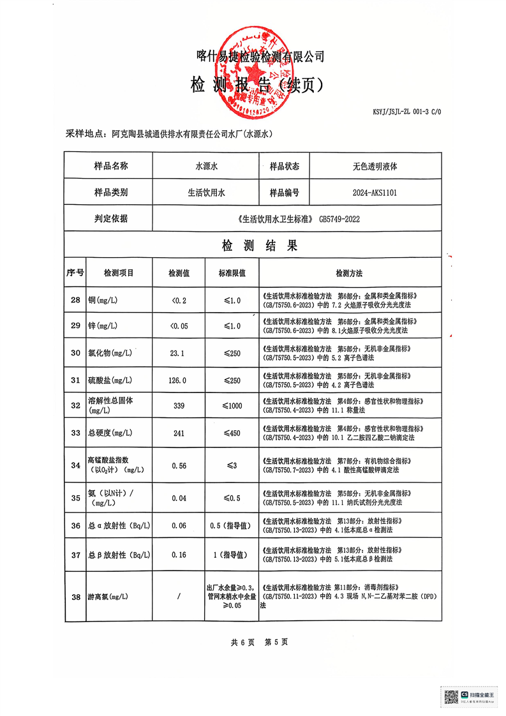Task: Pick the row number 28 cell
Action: point(75,300)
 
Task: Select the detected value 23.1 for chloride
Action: point(178,352)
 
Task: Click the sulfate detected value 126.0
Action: point(178,380)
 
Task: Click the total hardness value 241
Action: point(178,434)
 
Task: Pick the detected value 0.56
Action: point(178,466)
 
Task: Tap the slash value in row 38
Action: point(178,597)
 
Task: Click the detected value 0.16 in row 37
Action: point(178,555)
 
